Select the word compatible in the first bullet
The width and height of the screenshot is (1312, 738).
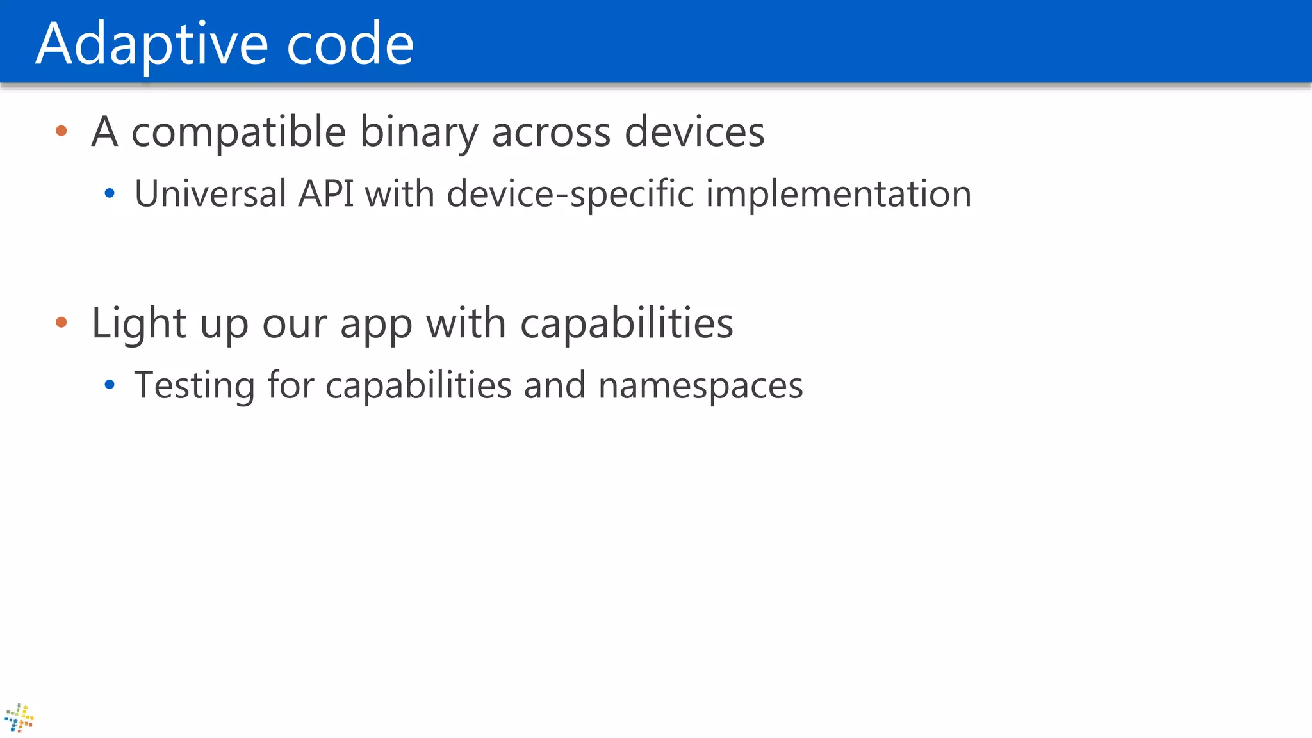tap(238, 132)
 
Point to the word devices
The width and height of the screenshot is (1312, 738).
tap(694, 132)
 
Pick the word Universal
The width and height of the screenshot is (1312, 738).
tap(210, 193)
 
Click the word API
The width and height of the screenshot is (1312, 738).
tap(326, 193)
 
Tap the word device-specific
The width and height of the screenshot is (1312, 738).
tap(570, 193)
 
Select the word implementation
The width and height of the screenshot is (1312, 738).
tap(839, 193)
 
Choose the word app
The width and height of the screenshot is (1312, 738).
tap(376, 323)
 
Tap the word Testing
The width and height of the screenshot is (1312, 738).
tap(194, 385)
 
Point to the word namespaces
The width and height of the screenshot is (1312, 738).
tap(700, 385)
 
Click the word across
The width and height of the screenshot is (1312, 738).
tap(551, 132)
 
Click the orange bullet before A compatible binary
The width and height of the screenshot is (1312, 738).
tap(61, 131)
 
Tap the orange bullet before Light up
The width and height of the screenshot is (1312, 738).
tap(61, 322)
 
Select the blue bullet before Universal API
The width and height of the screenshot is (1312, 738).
tap(110, 193)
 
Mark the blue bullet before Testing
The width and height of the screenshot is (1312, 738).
tap(110, 385)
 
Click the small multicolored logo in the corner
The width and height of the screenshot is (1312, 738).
tap(19, 718)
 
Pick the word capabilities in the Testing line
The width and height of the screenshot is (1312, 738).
tap(418, 385)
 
